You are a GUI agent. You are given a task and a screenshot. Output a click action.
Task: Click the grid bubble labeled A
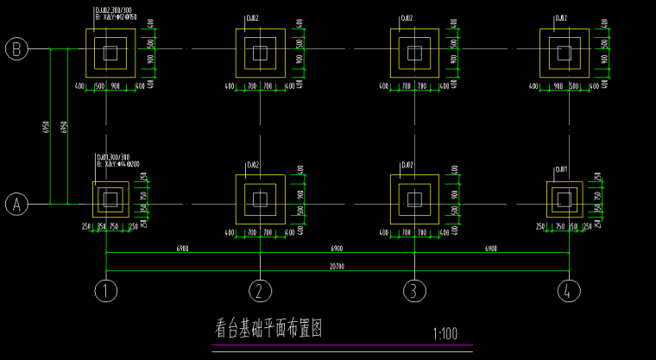coord(16,205)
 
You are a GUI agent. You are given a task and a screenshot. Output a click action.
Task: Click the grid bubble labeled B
coord(16,49)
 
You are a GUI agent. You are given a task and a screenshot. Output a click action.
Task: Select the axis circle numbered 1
coord(106,290)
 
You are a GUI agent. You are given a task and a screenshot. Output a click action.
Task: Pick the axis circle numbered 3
coord(414,290)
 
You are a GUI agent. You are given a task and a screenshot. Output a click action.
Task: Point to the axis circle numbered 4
coord(569,290)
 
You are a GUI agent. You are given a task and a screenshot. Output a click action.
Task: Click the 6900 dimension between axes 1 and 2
coord(183,249)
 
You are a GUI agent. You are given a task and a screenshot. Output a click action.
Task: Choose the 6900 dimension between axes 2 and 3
coord(337,249)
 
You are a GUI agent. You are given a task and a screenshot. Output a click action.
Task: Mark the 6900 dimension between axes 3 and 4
coord(491,249)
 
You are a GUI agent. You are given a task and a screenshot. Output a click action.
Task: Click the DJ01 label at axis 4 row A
coord(561,169)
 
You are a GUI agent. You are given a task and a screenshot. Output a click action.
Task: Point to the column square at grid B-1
coord(109,52)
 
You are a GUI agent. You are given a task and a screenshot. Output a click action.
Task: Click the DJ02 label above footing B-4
coord(561,17)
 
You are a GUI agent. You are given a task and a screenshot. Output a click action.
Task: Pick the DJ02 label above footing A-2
coord(253,164)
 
